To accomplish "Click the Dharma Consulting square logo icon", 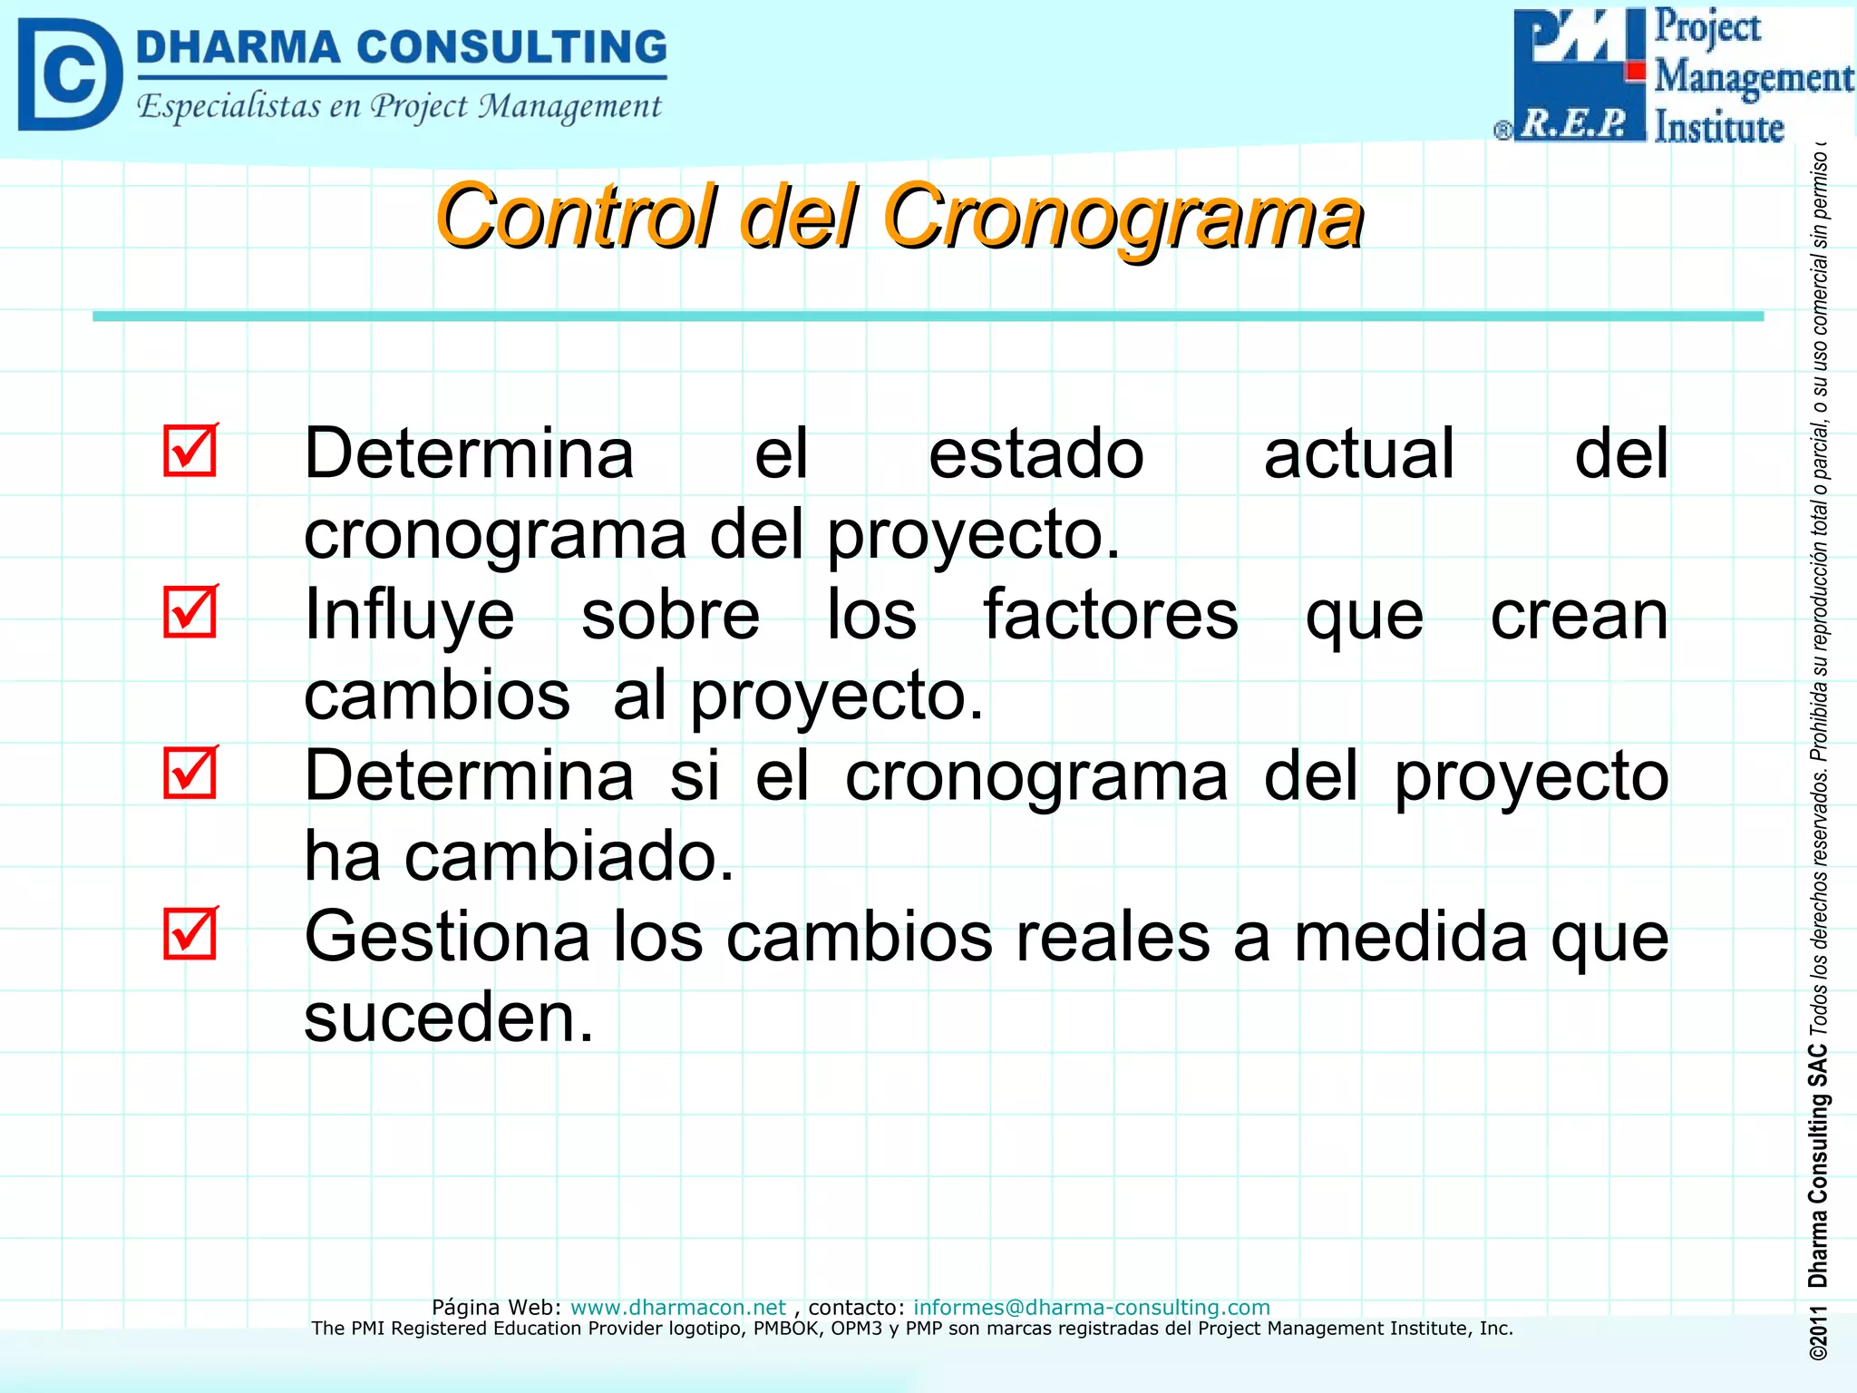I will pyautogui.click(x=70, y=74).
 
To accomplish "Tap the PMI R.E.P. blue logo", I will pyautogui.click(x=1579, y=74).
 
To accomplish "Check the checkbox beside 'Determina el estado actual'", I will pyautogui.click(x=190, y=450).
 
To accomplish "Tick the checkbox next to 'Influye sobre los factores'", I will pyautogui.click(x=190, y=611).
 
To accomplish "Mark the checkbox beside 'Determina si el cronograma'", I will pyautogui.click(x=190, y=773).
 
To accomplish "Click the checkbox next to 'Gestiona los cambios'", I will pyautogui.click(x=190, y=933).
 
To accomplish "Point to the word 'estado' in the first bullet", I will pyautogui.click(x=1035, y=453).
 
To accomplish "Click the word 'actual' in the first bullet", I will pyautogui.click(x=1358, y=453).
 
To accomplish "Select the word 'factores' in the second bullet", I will pyautogui.click(x=1111, y=615).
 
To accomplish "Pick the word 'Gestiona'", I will pyautogui.click(x=447, y=936).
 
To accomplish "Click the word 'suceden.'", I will pyautogui.click(x=448, y=1017).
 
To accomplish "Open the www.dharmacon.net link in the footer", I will pyautogui.click(x=677, y=1307).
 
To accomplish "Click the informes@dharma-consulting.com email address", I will pyautogui.click(x=1091, y=1307).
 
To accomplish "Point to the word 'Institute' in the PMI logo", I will pyautogui.click(x=1718, y=127).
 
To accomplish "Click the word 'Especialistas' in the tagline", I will pyautogui.click(x=228, y=106).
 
